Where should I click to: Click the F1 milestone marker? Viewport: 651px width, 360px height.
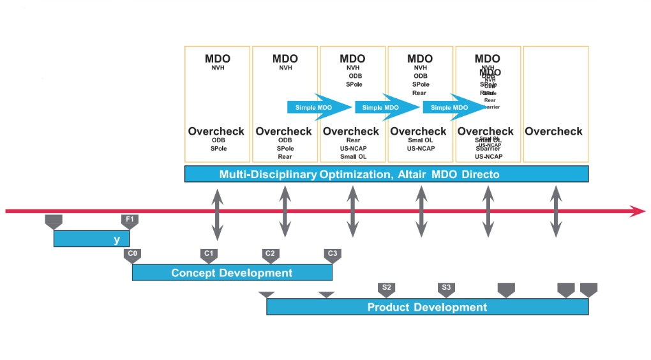[130, 221]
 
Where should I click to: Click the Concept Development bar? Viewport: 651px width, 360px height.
[232, 273]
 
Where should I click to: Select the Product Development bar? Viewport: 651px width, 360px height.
[427, 307]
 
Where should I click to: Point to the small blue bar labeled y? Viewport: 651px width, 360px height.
[91, 239]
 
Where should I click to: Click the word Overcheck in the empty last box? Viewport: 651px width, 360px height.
[553, 131]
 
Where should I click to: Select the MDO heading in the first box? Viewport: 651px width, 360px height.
[218, 59]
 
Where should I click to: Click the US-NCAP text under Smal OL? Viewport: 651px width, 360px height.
[421, 149]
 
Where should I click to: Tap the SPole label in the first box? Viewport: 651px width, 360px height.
[218, 149]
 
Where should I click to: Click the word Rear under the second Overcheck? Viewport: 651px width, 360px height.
[285, 156]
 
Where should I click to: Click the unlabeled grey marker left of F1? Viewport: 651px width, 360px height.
[54, 221]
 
